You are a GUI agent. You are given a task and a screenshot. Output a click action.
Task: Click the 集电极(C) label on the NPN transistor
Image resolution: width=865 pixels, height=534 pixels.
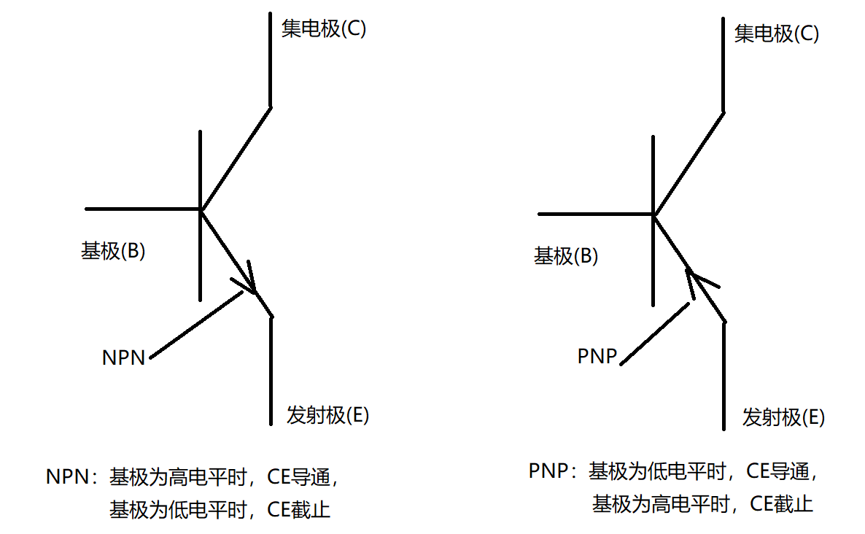323,29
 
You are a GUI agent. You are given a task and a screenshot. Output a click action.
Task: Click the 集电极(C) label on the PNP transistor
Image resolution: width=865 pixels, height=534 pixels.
776,34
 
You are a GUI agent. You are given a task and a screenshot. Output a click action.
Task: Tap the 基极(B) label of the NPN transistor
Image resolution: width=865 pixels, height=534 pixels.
113,252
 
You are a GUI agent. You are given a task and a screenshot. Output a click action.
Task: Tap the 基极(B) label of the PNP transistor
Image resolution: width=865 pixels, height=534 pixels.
566,256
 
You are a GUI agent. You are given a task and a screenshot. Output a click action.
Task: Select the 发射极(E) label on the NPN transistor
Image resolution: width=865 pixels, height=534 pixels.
328,416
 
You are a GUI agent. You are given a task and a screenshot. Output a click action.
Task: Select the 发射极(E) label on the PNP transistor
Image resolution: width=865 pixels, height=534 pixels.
783,418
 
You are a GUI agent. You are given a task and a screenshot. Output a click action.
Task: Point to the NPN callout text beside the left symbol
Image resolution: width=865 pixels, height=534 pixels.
124,357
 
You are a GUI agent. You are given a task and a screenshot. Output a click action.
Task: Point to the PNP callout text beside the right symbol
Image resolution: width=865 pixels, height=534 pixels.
597,357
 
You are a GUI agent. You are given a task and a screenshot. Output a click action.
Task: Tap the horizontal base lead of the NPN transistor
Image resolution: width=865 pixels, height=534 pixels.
142,209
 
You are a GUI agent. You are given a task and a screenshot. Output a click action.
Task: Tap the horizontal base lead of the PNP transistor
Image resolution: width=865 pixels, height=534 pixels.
594,214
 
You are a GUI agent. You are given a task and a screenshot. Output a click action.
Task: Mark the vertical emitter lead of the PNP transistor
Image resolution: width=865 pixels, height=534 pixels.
724,376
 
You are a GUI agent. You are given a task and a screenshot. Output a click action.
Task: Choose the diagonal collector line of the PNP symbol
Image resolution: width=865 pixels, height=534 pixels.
689,163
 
